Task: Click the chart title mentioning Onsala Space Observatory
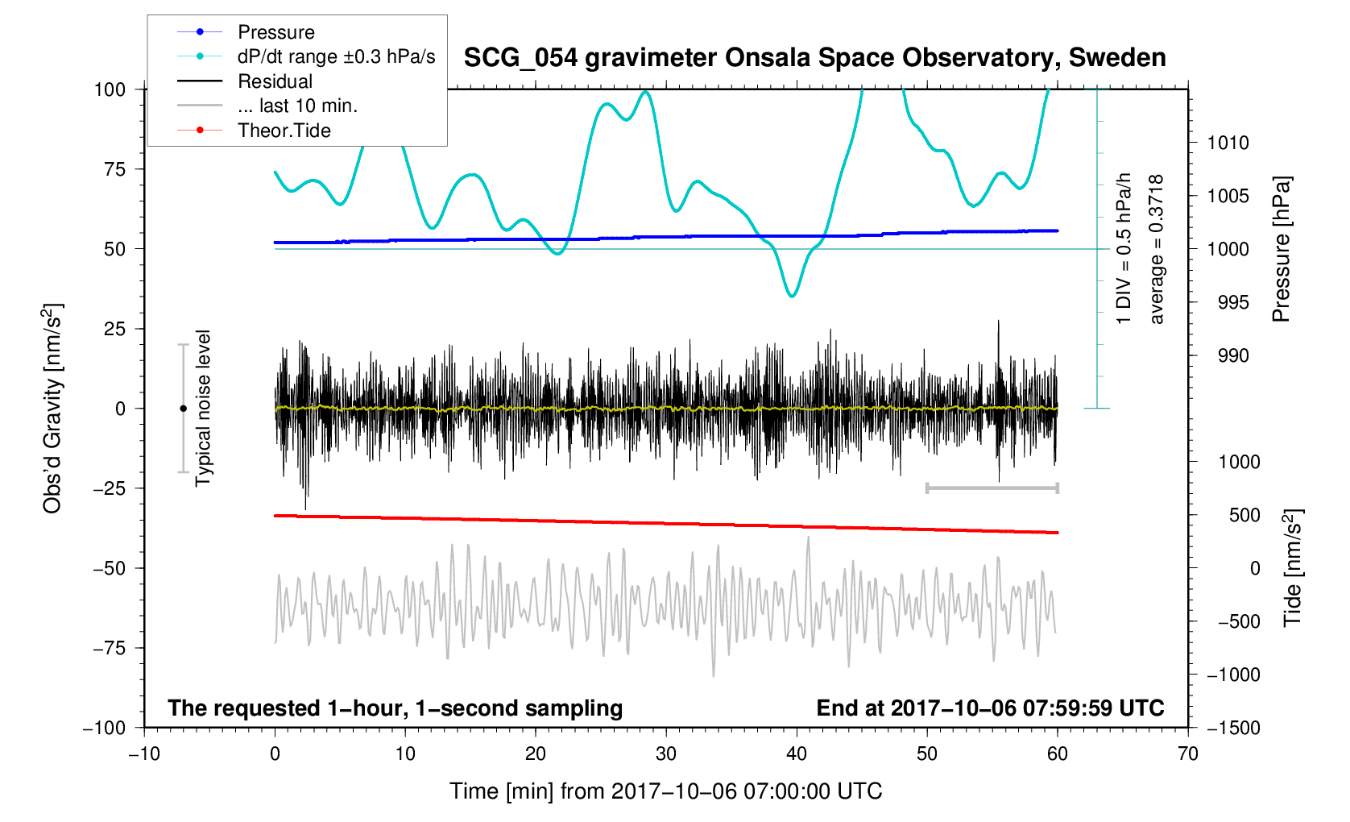click(814, 58)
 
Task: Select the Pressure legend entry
click(275, 32)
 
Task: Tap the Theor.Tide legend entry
click(284, 131)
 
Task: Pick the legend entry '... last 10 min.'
click(297, 106)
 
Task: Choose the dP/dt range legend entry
click(336, 56)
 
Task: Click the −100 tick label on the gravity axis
click(105, 728)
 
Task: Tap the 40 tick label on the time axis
click(796, 753)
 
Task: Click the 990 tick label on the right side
click(1228, 356)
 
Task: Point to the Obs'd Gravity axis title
click(52, 409)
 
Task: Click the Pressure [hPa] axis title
click(1281, 249)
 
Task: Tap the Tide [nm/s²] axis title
click(1292, 568)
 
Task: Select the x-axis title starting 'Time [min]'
click(665, 791)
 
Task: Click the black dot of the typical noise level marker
click(183, 409)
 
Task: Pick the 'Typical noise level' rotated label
click(203, 409)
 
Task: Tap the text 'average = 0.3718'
click(1157, 249)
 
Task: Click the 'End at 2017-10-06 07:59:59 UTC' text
click(990, 708)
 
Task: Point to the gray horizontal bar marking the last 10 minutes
click(992, 488)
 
